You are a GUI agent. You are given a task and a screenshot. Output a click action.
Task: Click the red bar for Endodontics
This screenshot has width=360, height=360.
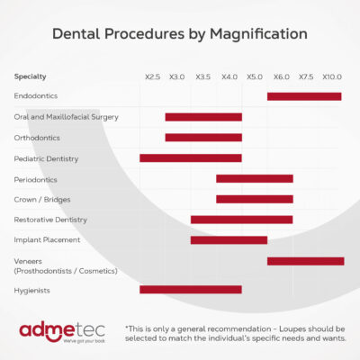[x=304, y=96]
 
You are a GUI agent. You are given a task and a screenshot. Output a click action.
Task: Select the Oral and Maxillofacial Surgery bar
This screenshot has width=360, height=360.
[x=203, y=117]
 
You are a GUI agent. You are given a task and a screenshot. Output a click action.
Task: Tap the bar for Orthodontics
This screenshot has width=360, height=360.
[x=203, y=138]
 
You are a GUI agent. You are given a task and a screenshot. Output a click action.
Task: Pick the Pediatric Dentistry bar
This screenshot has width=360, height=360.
[x=191, y=158]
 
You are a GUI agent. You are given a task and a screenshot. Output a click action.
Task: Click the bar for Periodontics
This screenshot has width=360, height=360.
[x=255, y=179]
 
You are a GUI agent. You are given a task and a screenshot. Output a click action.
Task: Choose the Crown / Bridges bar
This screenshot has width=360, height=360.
[x=255, y=199]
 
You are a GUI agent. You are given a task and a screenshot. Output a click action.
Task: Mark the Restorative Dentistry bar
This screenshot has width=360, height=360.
[x=241, y=220]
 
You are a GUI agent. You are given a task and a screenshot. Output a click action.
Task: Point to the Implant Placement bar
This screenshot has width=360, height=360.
[x=229, y=240]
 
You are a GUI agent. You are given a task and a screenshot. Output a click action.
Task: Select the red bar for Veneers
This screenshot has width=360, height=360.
[x=306, y=261]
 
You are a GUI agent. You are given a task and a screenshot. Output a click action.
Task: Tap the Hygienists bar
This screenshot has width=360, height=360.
[x=191, y=290]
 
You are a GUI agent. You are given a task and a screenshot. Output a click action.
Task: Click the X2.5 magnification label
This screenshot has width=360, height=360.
[x=152, y=77]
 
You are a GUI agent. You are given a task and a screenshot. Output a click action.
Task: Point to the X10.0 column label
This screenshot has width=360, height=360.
[x=332, y=77]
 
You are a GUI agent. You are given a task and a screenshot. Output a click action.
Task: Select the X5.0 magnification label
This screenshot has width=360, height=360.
[x=255, y=77]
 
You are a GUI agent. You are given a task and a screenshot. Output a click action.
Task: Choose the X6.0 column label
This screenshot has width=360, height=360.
[x=282, y=77]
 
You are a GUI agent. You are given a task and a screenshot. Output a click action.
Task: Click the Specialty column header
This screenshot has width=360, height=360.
[x=30, y=76]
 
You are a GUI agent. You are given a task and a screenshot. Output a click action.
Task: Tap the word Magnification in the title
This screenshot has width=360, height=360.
[x=258, y=34]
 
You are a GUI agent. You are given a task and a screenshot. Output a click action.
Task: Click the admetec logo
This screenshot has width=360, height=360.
[x=62, y=332]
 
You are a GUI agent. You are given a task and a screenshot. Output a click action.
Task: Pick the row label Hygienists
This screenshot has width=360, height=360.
[x=31, y=291]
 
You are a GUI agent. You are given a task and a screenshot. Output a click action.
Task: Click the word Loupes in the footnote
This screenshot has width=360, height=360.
[x=292, y=329]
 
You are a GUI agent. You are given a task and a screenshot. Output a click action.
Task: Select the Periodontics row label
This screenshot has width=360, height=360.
[x=35, y=180]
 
